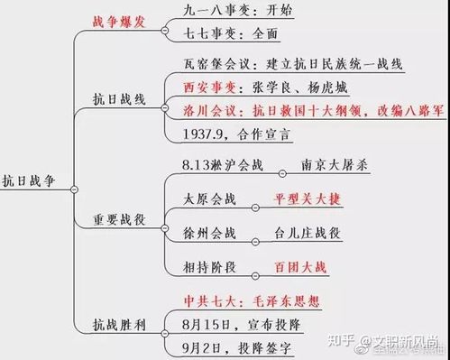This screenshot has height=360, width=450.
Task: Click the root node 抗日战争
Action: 32,180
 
